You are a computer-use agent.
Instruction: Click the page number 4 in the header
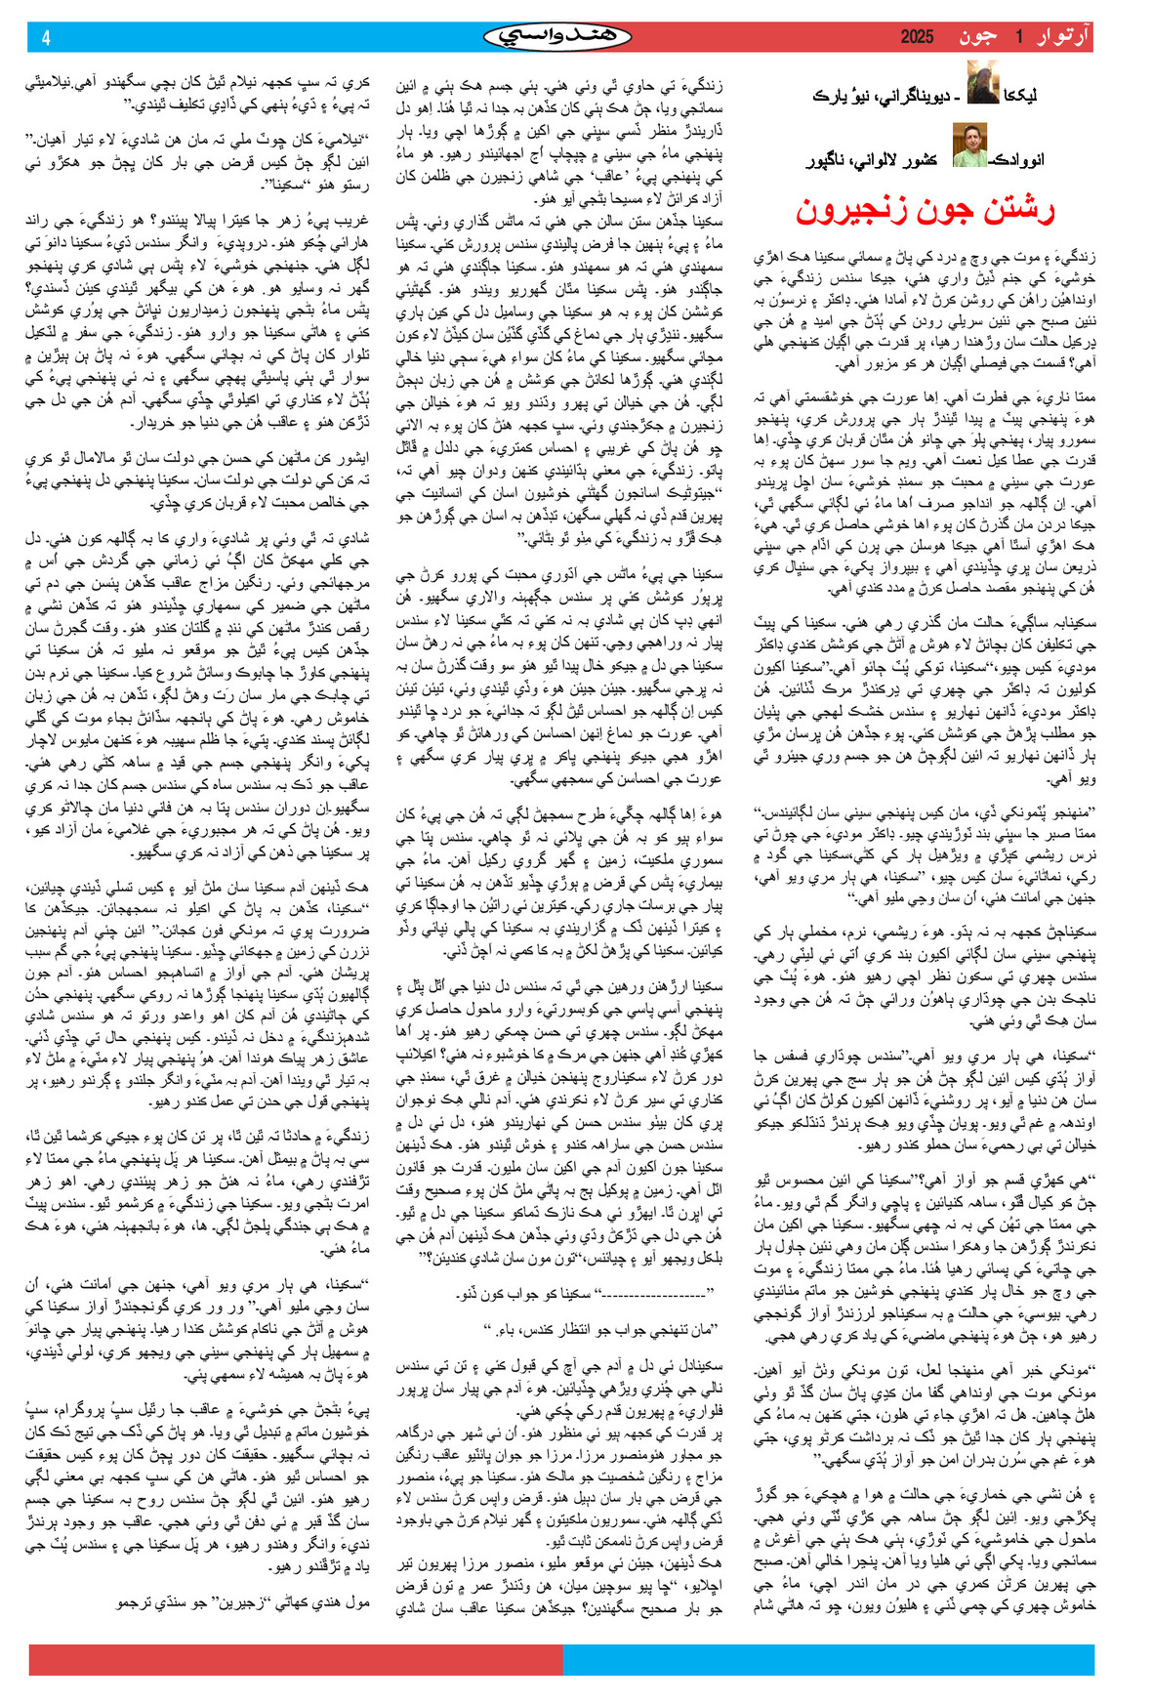tap(46, 38)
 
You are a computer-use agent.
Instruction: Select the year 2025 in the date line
tap(917, 37)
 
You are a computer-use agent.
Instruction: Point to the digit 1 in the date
tap(1017, 37)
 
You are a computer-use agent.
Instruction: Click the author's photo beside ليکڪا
tap(982, 82)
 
